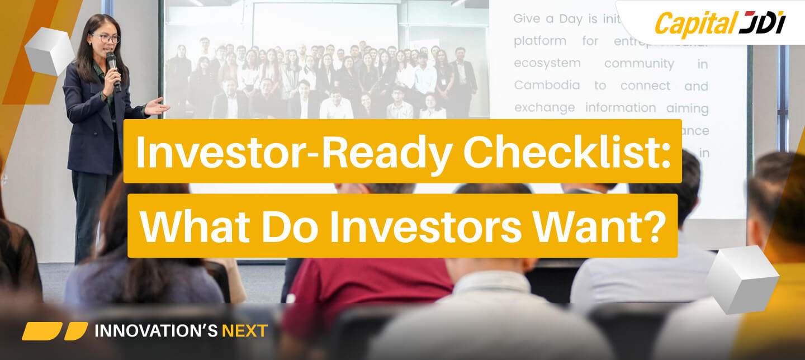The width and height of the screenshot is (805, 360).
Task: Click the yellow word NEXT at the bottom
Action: (x=245, y=331)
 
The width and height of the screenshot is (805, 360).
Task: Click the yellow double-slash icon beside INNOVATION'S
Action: (x=54, y=331)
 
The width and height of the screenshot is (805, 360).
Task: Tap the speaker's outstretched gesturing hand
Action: (x=156, y=106)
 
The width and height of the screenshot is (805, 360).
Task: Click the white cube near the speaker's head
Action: (x=49, y=51)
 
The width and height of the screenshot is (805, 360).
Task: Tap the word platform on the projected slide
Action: (x=539, y=41)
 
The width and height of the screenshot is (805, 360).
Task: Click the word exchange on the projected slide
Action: (x=546, y=107)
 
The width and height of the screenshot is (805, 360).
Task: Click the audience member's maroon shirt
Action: (x=369, y=291)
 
